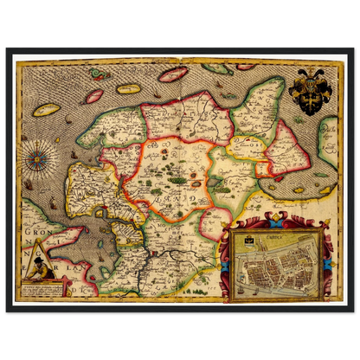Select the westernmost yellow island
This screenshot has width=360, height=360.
pos(47,110)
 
